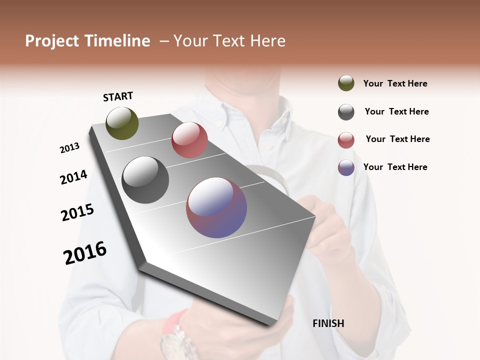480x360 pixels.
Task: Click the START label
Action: pyautogui.click(x=118, y=96)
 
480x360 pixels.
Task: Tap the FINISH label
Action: pyautogui.click(x=328, y=323)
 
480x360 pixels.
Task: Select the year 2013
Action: pyautogui.click(x=70, y=148)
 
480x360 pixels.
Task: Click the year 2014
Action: pyautogui.click(x=73, y=177)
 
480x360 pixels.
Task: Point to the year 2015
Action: pyautogui.click(x=77, y=212)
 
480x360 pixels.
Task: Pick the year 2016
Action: pyautogui.click(x=85, y=253)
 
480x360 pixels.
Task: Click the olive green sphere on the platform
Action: pyautogui.click(x=122, y=123)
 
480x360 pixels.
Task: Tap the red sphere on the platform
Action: pyautogui.click(x=189, y=140)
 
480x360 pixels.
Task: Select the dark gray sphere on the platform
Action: pyautogui.click(x=145, y=180)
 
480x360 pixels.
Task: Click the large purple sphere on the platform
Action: pyautogui.click(x=216, y=207)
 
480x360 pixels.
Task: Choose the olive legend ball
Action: pyautogui.click(x=346, y=83)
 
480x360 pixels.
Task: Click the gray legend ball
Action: pyautogui.click(x=346, y=112)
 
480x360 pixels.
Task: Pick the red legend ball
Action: pyautogui.click(x=346, y=140)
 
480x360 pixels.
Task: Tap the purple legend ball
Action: pyautogui.click(x=346, y=167)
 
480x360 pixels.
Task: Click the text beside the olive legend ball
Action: pyautogui.click(x=395, y=83)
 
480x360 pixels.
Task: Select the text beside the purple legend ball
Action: pyautogui.click(x=395, y=167)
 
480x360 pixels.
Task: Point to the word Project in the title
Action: pyautogui.click(x=51, y=41)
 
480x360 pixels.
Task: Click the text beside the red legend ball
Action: pyautogui.click(x=397, y=139)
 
